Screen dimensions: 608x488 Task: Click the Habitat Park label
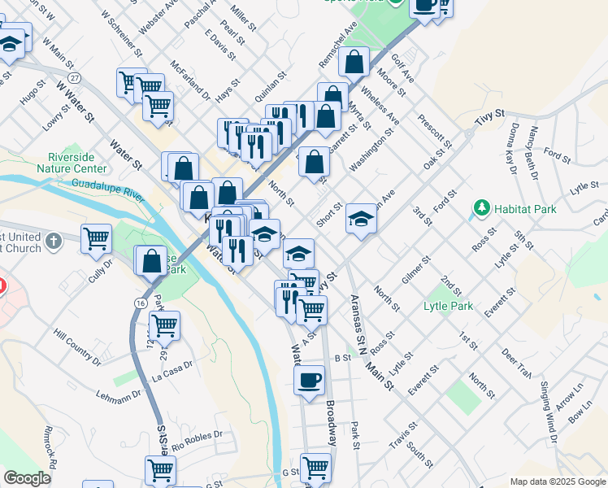tap(517, 209)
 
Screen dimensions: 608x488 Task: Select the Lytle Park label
tap(448, 307)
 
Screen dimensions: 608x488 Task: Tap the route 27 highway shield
tap(74, 77)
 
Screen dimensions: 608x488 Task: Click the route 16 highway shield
tap(141, 302)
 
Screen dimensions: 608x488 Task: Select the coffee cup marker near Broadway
tap(309, 380)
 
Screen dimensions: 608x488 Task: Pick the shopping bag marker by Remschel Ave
tap(355, 61)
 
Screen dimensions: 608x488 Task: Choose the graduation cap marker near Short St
tap(361, 219)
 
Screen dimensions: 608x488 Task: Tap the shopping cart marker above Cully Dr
tap(96, 238)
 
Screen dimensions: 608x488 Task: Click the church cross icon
tap(53, 241)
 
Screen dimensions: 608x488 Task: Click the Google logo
tap(27, 478)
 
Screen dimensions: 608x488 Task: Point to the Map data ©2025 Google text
tap(557, 481)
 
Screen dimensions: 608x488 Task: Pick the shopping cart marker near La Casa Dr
tap(166, 325)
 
